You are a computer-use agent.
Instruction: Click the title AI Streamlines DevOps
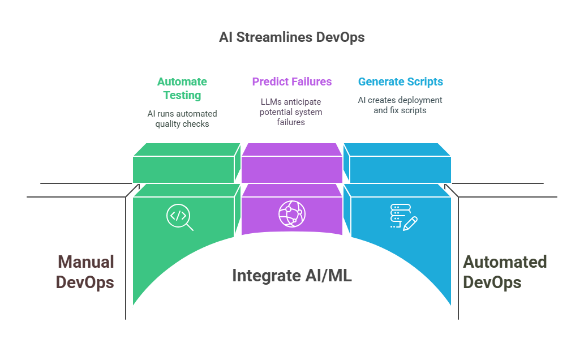click(291, 37)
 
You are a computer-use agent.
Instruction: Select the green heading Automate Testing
click(182, 88)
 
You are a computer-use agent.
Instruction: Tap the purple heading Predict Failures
click(291, 82)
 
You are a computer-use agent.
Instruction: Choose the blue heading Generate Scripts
click(400, 82)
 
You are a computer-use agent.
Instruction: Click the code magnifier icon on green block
click(179, 217)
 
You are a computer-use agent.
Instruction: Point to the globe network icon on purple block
click(291, 214)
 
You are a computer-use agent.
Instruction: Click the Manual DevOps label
click(85, 272)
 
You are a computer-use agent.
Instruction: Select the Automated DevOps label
click(504, 272)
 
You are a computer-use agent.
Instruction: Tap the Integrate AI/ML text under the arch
click(291, 276)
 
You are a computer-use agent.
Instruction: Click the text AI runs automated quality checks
click(182, 118)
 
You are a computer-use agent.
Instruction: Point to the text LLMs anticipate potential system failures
click(291, 112)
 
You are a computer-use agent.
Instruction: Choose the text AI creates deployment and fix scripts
click(400, 105)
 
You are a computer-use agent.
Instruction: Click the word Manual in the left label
click(85, 262)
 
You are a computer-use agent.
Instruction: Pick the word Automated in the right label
click(504, 262)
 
